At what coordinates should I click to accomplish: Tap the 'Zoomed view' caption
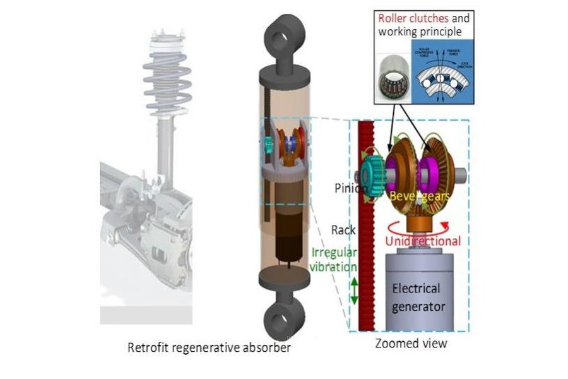pos(410,344)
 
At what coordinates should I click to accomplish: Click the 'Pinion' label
pos(347,188)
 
